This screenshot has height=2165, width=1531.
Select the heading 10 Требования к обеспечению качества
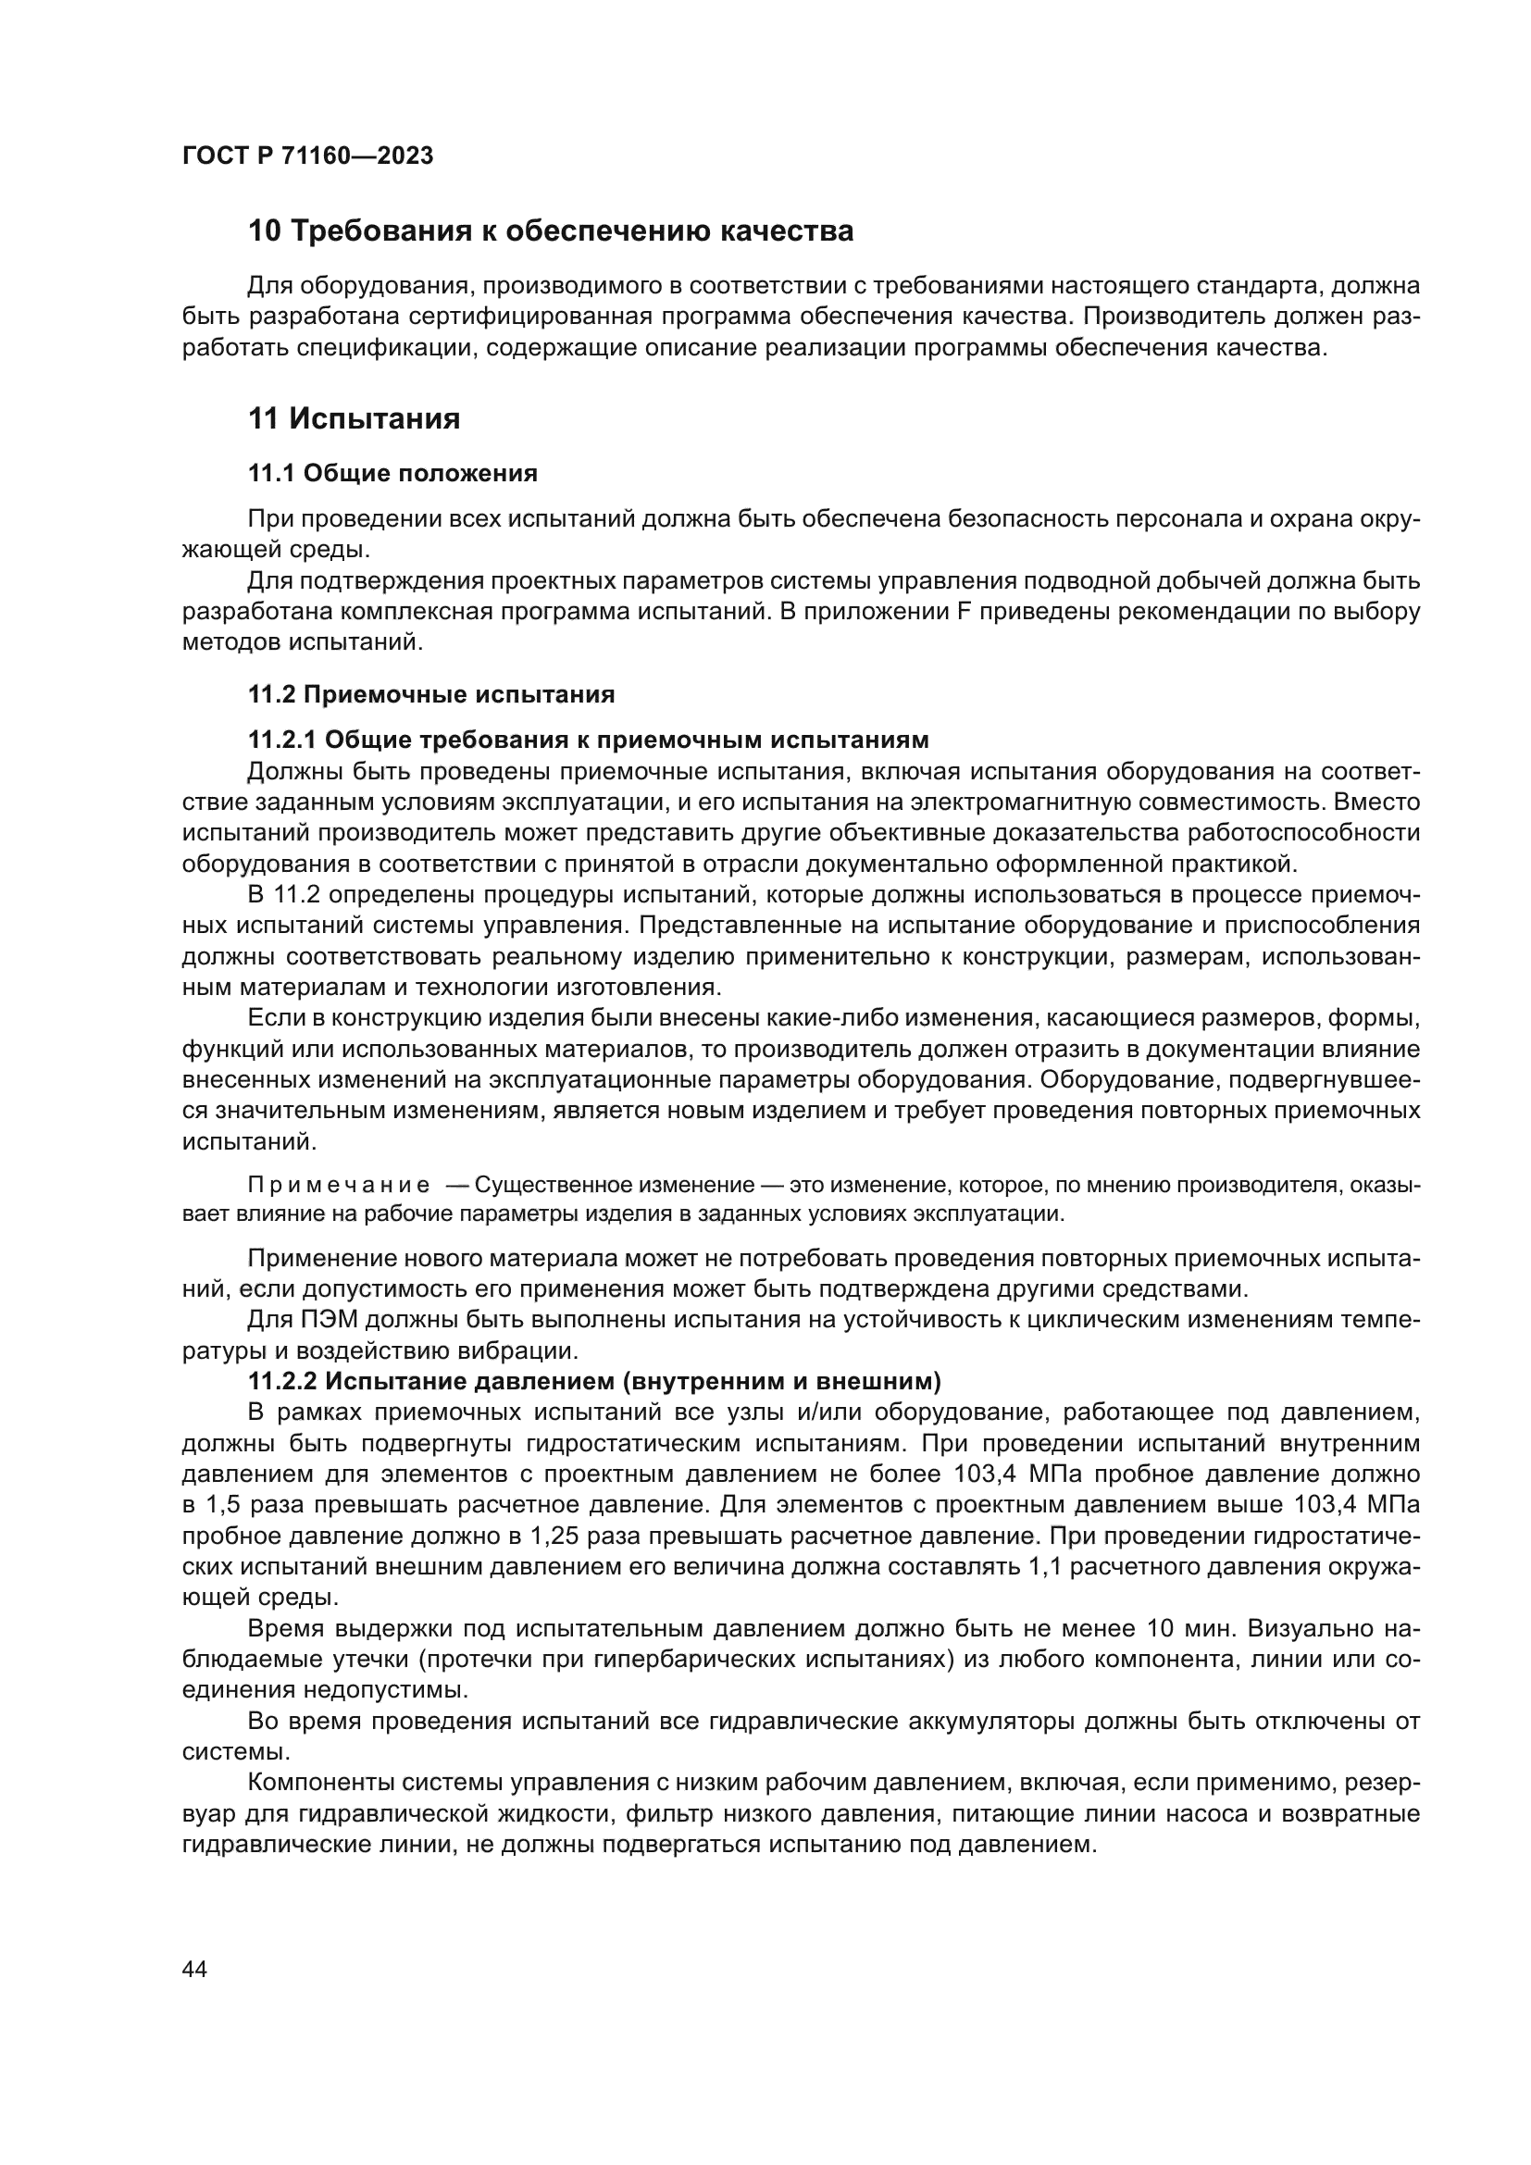point(551,231)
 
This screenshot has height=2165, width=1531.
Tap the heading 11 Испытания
point(355,418)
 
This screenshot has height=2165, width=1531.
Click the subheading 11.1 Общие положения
point(392,473)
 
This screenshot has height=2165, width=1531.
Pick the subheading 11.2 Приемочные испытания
point(430,695)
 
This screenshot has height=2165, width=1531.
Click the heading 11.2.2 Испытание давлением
point(594,1381)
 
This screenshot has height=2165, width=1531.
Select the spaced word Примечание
point(339,1186)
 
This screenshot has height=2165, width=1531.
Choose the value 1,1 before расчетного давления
point(1039,1567)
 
